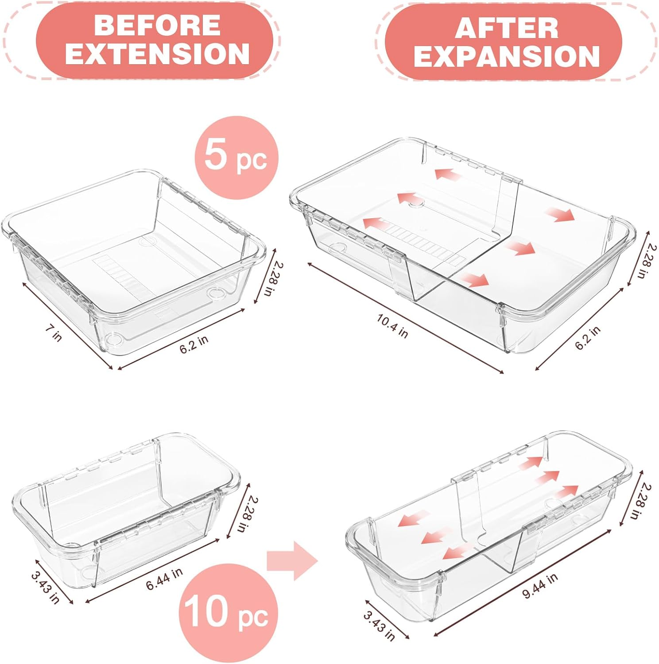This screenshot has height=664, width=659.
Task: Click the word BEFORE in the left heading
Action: [157, 25]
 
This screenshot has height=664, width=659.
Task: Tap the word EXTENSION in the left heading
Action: [157, 54]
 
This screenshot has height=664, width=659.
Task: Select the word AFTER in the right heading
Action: [506, 29]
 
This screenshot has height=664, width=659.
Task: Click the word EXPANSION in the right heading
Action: [506, 56]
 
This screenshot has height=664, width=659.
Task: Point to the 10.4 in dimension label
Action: [392, 325]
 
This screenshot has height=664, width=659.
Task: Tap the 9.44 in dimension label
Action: [540, 586]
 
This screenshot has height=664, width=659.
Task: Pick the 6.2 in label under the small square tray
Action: [194, 344]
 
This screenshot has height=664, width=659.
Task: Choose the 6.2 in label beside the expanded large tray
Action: [588, 337]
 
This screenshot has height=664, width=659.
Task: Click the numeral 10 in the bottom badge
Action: [208, 611]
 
